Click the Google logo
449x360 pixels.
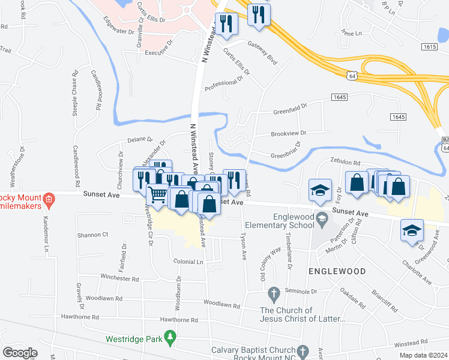20,352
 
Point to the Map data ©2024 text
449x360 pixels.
424,355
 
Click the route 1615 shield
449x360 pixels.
429,46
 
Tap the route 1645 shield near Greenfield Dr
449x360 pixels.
339,97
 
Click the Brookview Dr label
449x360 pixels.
288,133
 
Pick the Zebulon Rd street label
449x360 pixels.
345,163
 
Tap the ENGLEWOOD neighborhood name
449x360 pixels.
337,271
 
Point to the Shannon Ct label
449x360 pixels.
92,235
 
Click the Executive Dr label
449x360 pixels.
158,53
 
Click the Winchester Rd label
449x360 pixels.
120,278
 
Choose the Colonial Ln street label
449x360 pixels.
188,262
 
